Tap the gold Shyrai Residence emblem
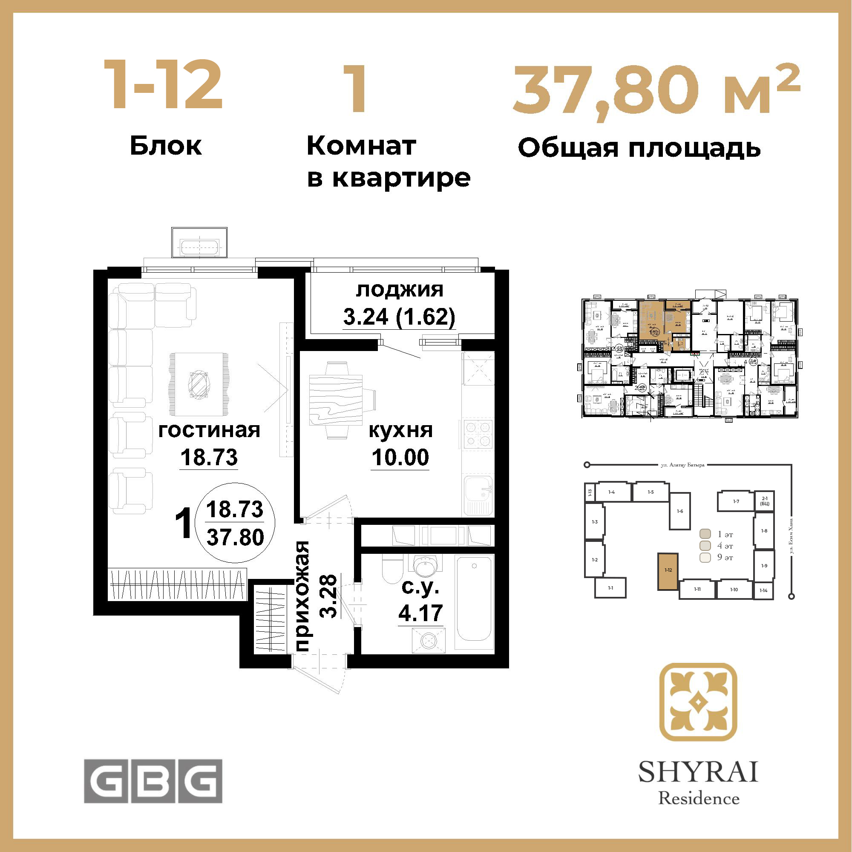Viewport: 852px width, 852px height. pos(698,702)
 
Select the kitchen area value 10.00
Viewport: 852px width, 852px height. pos(400,457)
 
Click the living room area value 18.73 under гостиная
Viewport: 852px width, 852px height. pos(209,457)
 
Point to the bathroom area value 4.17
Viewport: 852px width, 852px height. pos(420,613)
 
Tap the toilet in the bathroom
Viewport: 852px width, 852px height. pos(392,569)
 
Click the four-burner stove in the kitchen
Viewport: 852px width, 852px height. pos(478,434)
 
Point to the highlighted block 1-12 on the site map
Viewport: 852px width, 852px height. pos(668,571)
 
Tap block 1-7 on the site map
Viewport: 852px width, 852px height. pos(736,501)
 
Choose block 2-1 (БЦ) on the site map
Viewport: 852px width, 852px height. pos(764,501)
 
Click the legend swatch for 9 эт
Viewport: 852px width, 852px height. pos(705,557)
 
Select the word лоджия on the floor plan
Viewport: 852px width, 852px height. pos(400,290)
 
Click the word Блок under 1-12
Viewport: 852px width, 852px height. pos(166,146)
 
